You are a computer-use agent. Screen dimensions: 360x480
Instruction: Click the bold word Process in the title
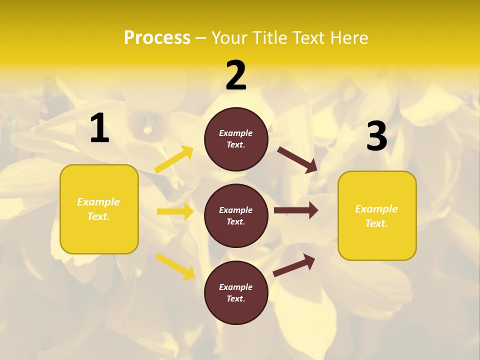click(157, 38)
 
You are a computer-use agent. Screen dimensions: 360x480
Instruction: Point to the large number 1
click(99, 128)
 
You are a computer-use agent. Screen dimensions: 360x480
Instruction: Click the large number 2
click(236, 75)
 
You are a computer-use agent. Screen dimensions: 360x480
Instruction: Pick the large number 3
click(376, 136)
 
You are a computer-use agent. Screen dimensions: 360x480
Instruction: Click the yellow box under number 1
click(99, 209)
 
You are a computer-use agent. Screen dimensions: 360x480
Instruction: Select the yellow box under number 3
click(377, 216)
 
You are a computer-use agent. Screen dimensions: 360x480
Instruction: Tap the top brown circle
click(236, 139)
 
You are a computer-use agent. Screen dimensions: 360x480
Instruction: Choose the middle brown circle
click(236, 216)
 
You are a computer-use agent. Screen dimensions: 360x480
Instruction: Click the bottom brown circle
click(236, 292)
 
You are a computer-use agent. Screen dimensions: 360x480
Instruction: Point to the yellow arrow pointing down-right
click(175, 266)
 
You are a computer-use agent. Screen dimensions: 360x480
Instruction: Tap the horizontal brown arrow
click(296, 210)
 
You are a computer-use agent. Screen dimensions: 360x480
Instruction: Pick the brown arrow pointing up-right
click(294, 265)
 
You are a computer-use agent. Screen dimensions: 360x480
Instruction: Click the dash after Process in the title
click(201, 38)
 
